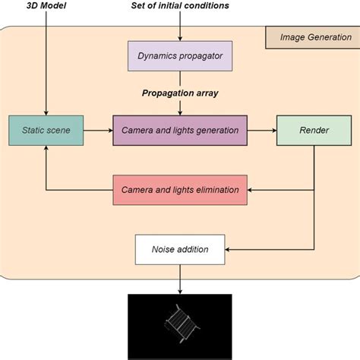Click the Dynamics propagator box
coord(179,55)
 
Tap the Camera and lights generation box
coord(179,131)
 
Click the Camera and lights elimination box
coord(179,189)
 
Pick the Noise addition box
coord(179,248)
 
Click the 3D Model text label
coord(47,6)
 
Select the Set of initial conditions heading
coord(179,6)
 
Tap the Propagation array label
coord(179,93)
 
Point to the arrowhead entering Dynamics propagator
coord(180,38)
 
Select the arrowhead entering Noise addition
coord(226,248)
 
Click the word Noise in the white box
coord(166,248)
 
